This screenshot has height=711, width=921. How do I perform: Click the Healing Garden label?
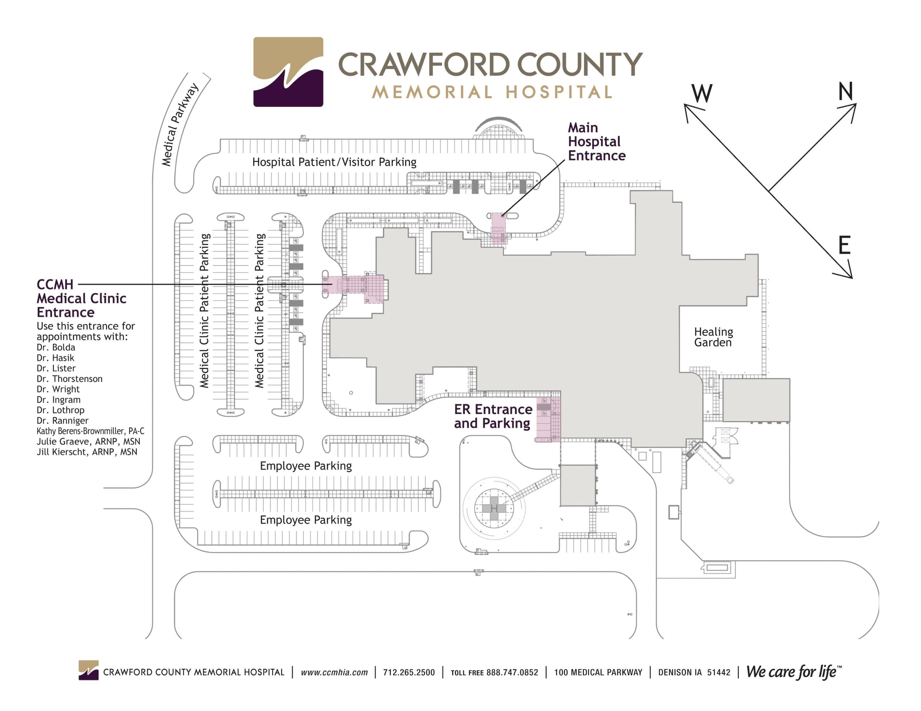pyautogui.click(x=713, y=337)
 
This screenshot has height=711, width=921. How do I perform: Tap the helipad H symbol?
pyautogui.click(x=494, y=509)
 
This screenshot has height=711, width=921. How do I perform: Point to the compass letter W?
pyautogui.click(x=702, y=93)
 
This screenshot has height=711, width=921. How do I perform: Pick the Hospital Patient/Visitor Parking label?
pyautogui.click(x=334, y=162)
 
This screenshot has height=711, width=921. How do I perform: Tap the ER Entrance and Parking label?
pyautogui.click(x=493, y=416)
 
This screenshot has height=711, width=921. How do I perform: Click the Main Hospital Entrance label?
pyautogui.click(x=596, y=142)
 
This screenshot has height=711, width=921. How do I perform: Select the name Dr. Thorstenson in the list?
pyautogui.click(x=69, y=379)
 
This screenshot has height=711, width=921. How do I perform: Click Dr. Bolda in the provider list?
pyautogui.click(x=56, y=347)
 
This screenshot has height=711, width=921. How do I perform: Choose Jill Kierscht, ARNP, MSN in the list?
pyautogui.click(x=87, y=452)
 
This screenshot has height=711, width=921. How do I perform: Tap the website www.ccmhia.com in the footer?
pyautogui.click(x=334, y=672)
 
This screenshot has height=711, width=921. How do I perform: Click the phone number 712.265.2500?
pyautogui.click(x=409, y=672)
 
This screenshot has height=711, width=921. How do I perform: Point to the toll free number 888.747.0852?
pyautogui.click(x=512, y=672)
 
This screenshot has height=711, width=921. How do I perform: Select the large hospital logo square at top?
pyautogui.click(x=288, y=72)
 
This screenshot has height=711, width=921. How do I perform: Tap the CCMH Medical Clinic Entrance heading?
pyautogui.click(x=81, y=298)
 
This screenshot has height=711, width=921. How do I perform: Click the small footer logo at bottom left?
pyautogui.click(x=88, y=670)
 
